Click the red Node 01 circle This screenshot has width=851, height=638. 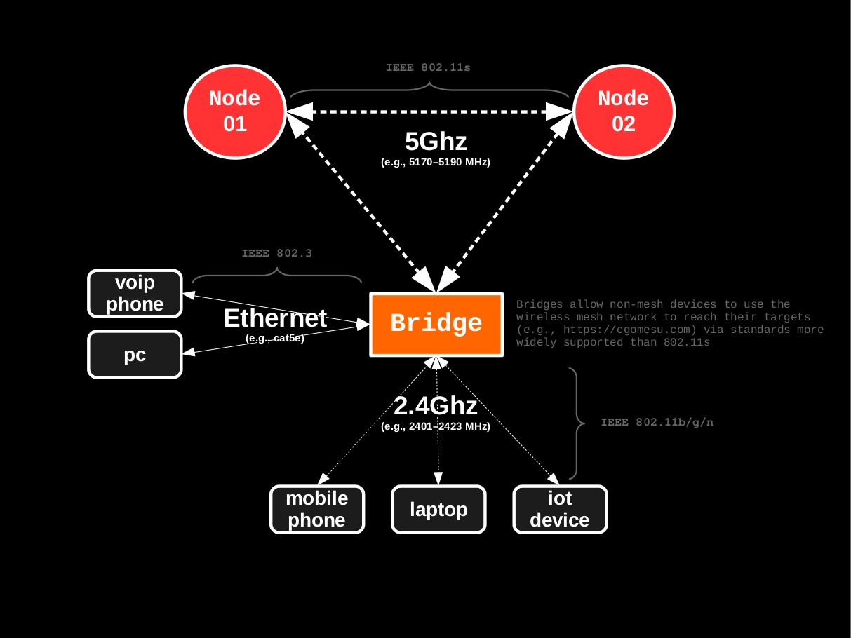tap(234, 111)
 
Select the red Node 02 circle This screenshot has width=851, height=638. tap(623, 111)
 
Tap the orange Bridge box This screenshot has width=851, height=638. tap(436, 324)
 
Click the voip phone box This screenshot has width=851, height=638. tap(135, 293)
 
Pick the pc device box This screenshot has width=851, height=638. tap(135, 355)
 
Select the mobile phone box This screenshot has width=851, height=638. tap(317, 509)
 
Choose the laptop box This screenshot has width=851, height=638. tap(438, 509)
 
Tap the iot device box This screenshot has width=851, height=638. tap(560, 509)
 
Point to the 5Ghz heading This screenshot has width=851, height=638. tap(436, 142)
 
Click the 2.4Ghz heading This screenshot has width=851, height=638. tap(436, 406)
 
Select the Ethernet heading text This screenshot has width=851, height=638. tap(275, 318)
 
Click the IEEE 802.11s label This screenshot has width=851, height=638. tap(428, 68)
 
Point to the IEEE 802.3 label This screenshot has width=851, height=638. tap(276, 253)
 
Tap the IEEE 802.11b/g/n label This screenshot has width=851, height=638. tap(657, 423)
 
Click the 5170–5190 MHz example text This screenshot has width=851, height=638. tap(436, 162)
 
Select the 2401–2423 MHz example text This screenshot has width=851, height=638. tap(436, 426)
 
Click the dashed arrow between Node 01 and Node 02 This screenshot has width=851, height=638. tap(429, 111)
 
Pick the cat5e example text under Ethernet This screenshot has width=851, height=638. tap(275, 338)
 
